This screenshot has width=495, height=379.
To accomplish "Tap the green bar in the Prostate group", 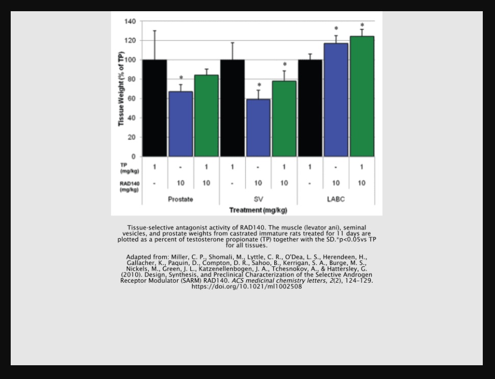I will (x=206, y=116).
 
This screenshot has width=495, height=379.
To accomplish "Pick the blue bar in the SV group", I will (x=258, y=128).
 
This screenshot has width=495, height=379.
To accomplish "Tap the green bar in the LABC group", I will (x=362, y=96).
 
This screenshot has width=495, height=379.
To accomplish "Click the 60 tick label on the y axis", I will (x=132, y=98).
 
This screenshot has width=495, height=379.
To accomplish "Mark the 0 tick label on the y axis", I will (x=133, y=156).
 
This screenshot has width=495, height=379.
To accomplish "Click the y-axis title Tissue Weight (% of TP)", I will (x=121, y=89).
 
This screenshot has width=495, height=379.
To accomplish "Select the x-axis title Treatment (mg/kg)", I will (x=258, y=210).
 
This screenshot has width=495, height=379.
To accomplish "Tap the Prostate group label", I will (x=180, y=199).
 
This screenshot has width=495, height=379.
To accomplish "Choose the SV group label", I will (x=258, y=199).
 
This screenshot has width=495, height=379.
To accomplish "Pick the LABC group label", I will (x=336, y=199).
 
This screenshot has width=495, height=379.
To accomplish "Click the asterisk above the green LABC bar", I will (x=362, y=25).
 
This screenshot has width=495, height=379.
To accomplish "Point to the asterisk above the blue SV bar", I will (x=259, y=85).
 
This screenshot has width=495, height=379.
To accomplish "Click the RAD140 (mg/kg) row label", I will (x=129, y=186).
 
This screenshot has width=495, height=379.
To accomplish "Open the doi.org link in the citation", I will (x=247, y=287).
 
